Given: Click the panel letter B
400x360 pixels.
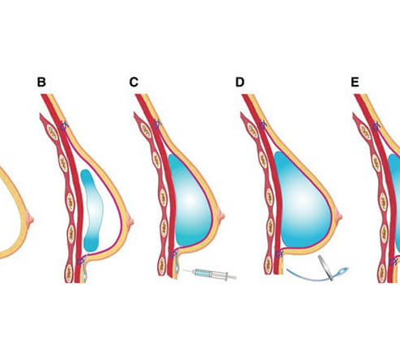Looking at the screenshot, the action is pyautogui.click(x=41, y=82).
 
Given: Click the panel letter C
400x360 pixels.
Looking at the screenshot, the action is pyautogui.click(x=134, y=82).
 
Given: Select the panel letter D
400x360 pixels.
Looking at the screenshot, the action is pyautogui.click(x=240, y=82).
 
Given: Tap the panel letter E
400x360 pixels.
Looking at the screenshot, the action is pyautogui.click(x=355, y=82).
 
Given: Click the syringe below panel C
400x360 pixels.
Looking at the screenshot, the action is pyautogui.click(x=210, y=273).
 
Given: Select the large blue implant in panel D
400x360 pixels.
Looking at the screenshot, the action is pyautogui.click(x=302, y=201).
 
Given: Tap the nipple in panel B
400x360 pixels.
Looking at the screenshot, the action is pyautogui.click(x=130, y=220).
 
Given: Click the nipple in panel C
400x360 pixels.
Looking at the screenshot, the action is pyautogui.click(x=222, y=215).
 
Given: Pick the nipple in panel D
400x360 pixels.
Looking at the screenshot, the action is pyautogui.click(x=339, y=216).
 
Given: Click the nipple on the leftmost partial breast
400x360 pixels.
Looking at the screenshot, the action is pyautogui.click(x=31, y=218).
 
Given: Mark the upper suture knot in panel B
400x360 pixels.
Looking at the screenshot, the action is pyautogui.click(x=64, y=126).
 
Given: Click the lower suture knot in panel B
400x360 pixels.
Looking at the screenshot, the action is pyautogui.click(x=81, y=260).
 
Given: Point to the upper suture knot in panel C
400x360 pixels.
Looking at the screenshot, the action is pyautogui.click(x=157, y=125).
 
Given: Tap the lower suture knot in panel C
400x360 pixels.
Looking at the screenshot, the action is pyautogui.click(x=173, y=253).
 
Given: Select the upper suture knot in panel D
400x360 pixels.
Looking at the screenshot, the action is pyautogui.click(x=263, y=125).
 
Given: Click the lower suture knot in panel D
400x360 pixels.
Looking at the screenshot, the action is pyautogui.click(x=279, y=253).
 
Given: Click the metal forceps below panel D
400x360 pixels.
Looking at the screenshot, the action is pyautogui.click(x=326, y=269).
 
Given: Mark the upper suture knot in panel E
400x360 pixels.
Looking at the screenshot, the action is pyautogui.click(x=377, y=126).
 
